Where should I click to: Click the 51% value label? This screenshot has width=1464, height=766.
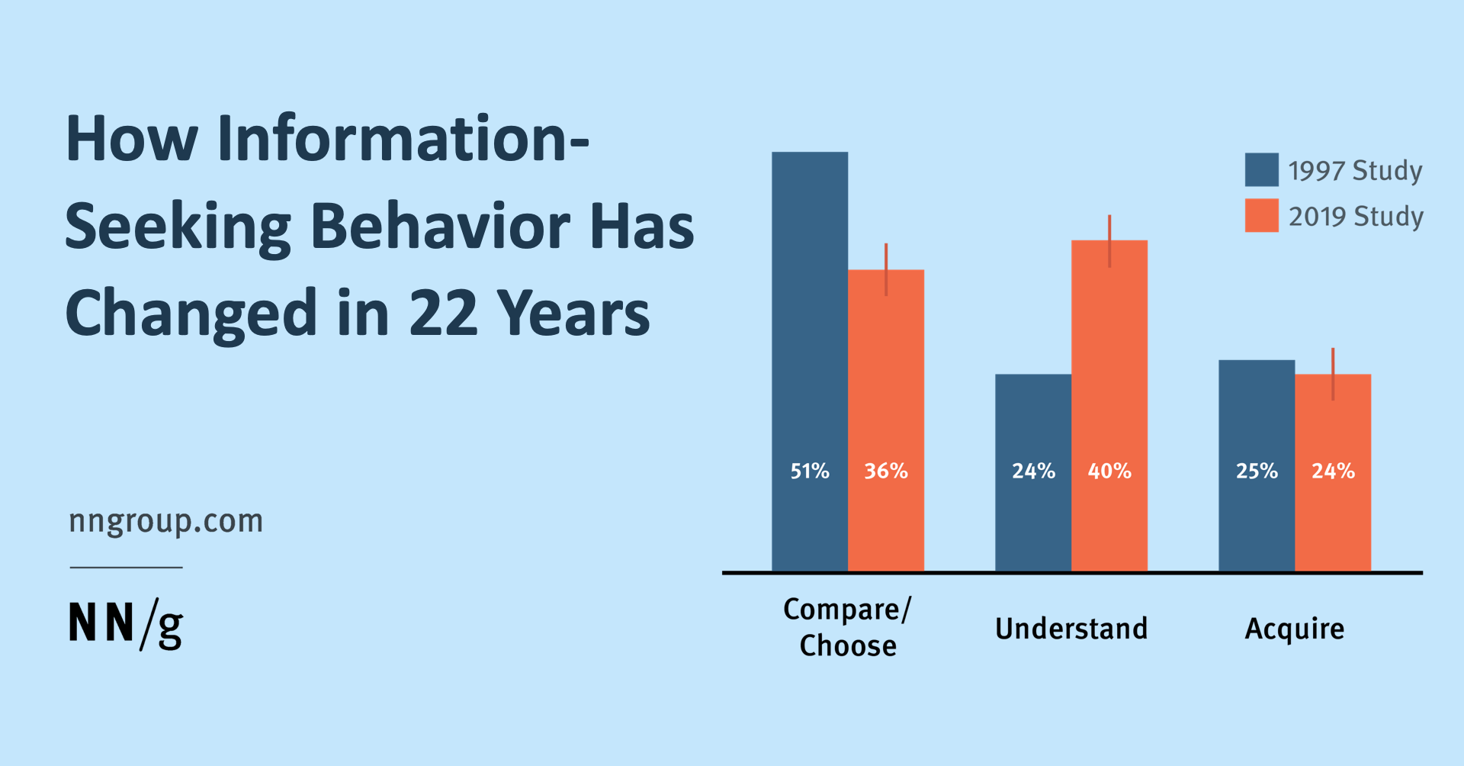point(809,471)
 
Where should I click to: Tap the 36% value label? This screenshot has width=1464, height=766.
point(885,471)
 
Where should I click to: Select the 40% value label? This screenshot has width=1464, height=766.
point(1109,471)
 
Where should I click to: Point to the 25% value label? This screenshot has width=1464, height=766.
point(1257,471)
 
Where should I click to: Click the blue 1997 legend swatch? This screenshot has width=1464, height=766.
point(1261,169)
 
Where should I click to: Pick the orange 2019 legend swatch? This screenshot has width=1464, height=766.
point(1261,216)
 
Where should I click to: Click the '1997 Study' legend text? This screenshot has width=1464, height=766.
point(1355,170)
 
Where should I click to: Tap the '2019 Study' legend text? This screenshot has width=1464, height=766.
point(1356,217)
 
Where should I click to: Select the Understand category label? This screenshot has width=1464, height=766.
point(1071,629)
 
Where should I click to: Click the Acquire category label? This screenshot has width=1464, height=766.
point(1294,629)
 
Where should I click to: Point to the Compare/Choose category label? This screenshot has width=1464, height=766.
point(847,627)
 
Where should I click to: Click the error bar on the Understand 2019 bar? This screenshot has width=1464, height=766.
point(1109,240)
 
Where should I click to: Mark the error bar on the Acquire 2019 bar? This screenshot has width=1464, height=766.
point(1333,374)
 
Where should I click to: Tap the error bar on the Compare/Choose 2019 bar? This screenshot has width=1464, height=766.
point(886,269)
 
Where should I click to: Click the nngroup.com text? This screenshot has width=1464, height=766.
point(165,521)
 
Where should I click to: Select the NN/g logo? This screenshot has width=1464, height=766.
point(126,624)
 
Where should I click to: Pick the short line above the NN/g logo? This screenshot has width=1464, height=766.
point(126,567)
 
